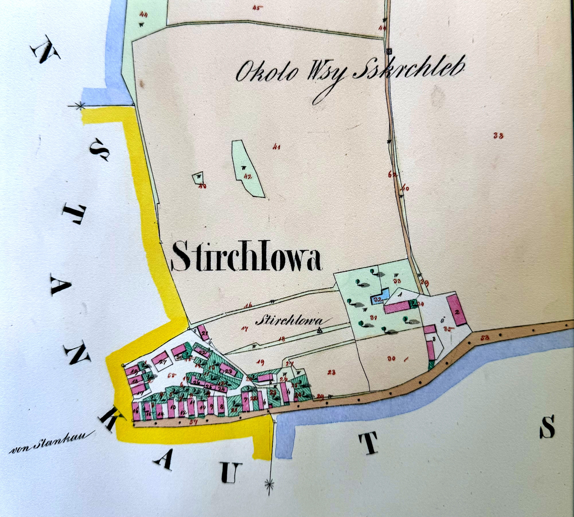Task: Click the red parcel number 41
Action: [276, 147]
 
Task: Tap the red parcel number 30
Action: [392, 359]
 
